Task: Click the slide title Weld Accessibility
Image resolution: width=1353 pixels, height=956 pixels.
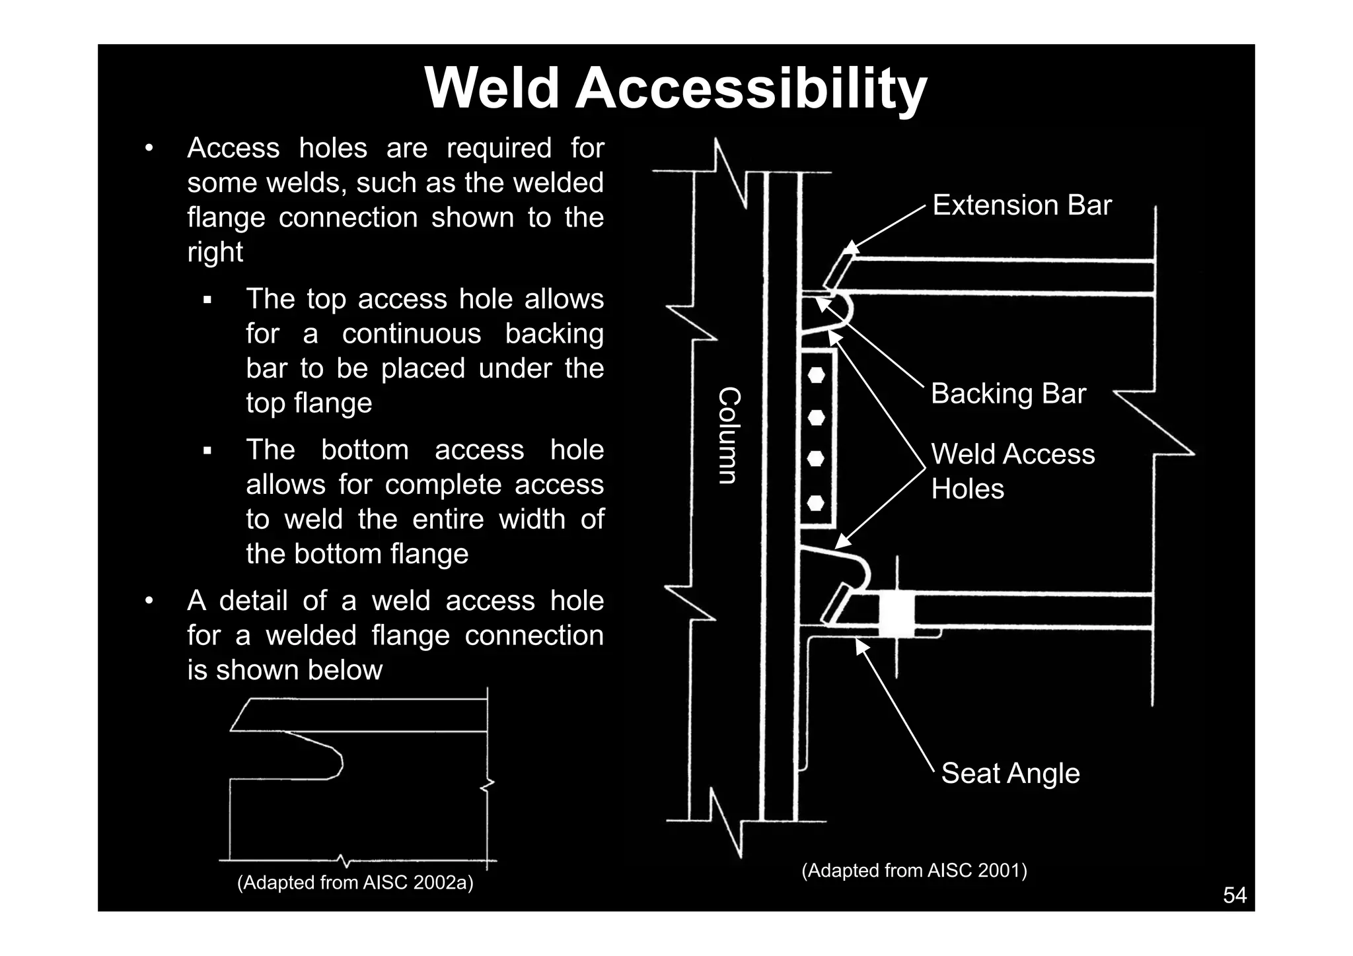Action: coord(675,89)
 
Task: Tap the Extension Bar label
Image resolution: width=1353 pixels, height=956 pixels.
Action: coord(1021,205)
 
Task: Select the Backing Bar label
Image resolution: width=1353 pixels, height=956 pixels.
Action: coord(1007,394)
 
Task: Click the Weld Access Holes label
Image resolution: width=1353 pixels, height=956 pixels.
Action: coord(1012,471)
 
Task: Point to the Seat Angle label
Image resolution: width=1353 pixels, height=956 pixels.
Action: coord(1009,773)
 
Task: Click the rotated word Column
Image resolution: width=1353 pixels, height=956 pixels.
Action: coord(729,436)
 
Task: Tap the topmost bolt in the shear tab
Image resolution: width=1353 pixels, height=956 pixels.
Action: coord(817,376)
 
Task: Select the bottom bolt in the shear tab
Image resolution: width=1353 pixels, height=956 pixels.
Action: coord(817,503)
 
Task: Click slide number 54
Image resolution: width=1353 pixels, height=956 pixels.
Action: coord(1234,895)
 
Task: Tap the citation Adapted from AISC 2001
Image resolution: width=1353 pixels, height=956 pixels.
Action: coord(914,871)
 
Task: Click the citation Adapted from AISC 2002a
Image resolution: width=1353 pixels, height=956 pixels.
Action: coord(355,883)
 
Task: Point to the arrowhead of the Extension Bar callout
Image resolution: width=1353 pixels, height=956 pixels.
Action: coord(850,249)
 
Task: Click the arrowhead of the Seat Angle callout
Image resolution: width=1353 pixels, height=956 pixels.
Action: coord(860,645)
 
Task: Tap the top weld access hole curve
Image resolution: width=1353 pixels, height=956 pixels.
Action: coord(848,310)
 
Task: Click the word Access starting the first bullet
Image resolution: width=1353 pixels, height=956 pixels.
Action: coord(233,148)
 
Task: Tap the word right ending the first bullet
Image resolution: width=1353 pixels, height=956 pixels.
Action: coord(215,252)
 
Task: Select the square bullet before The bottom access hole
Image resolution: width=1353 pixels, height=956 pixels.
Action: coord(207,452)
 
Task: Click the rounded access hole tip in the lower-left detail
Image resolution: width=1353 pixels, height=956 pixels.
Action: coord(338,763)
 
